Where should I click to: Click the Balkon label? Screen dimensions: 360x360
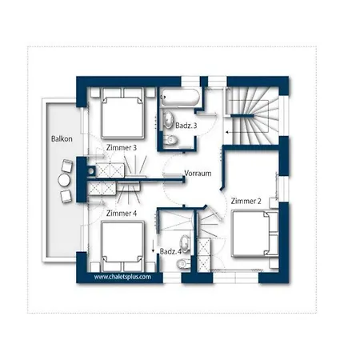tap(62, 139)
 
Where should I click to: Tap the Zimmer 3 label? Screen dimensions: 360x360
tap(122, 147)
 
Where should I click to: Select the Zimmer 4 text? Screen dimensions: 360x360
tap(122, 214)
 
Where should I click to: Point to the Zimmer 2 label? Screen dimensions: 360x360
tap(246, 201)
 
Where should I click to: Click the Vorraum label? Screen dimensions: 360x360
tap(198, 174)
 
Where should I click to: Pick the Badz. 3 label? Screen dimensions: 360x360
tap(186, 126)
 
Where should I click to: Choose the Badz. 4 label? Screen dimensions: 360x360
tap(170, 251)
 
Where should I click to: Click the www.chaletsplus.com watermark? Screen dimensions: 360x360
tap(122, 277)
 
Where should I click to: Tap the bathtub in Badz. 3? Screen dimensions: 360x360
tap(180, 98)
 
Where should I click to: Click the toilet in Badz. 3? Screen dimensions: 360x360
tap(170, 140)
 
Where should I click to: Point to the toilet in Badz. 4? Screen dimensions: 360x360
tap(183, 263)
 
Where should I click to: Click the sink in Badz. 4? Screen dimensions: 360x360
tap(185, 243)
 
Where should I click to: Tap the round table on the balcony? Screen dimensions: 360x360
tap(64, 181)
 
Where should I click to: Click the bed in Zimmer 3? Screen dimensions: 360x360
tap(122, 114)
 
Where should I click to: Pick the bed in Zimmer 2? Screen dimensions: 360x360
tap(255, 234)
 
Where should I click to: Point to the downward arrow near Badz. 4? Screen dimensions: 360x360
tap(153, 246)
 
